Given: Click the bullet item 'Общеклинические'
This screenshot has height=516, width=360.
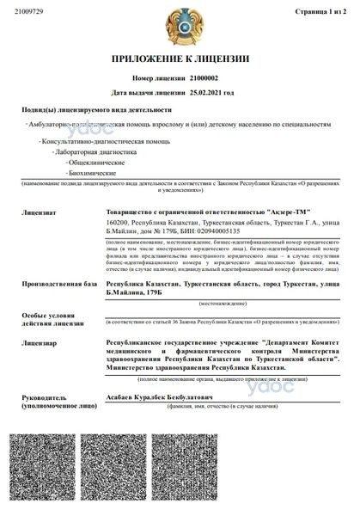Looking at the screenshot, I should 76,162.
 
